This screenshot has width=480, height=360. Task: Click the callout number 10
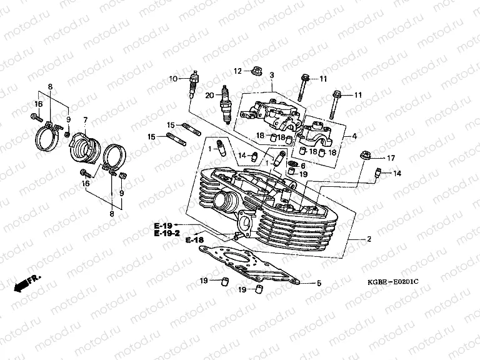(173, 79)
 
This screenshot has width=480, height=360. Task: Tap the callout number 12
(237, 70)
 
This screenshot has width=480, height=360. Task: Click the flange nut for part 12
(256, 71)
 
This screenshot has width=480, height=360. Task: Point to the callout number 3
(272, 75)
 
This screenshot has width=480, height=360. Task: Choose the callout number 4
(354, 136)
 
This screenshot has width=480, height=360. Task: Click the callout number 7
(85, 119)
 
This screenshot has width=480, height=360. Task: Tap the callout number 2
(369, 239)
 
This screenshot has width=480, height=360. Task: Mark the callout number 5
(319, 283)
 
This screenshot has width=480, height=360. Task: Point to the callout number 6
(303, 166)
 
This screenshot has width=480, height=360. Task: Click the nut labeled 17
(365, 154)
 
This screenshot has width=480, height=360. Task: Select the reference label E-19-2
(167, 232)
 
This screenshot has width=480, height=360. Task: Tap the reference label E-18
(194, 239)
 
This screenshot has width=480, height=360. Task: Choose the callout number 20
(209, 94)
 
